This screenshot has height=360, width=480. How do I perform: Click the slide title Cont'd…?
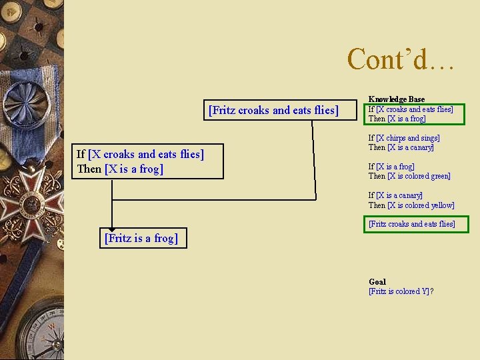[400, 59]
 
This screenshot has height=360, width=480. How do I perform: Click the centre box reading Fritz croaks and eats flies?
[273, 110]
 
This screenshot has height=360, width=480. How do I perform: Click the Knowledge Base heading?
[396, 99]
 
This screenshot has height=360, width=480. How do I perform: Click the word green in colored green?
[439, 176]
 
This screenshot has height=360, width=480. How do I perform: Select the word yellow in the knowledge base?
[441, 205]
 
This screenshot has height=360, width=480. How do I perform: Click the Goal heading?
[377, 281]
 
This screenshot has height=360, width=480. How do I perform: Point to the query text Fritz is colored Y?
[401, 291]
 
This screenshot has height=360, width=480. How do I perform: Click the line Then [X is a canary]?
[401, 147]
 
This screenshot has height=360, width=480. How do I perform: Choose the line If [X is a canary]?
[395, 195]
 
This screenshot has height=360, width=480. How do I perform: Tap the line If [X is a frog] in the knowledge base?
[391, 167]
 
